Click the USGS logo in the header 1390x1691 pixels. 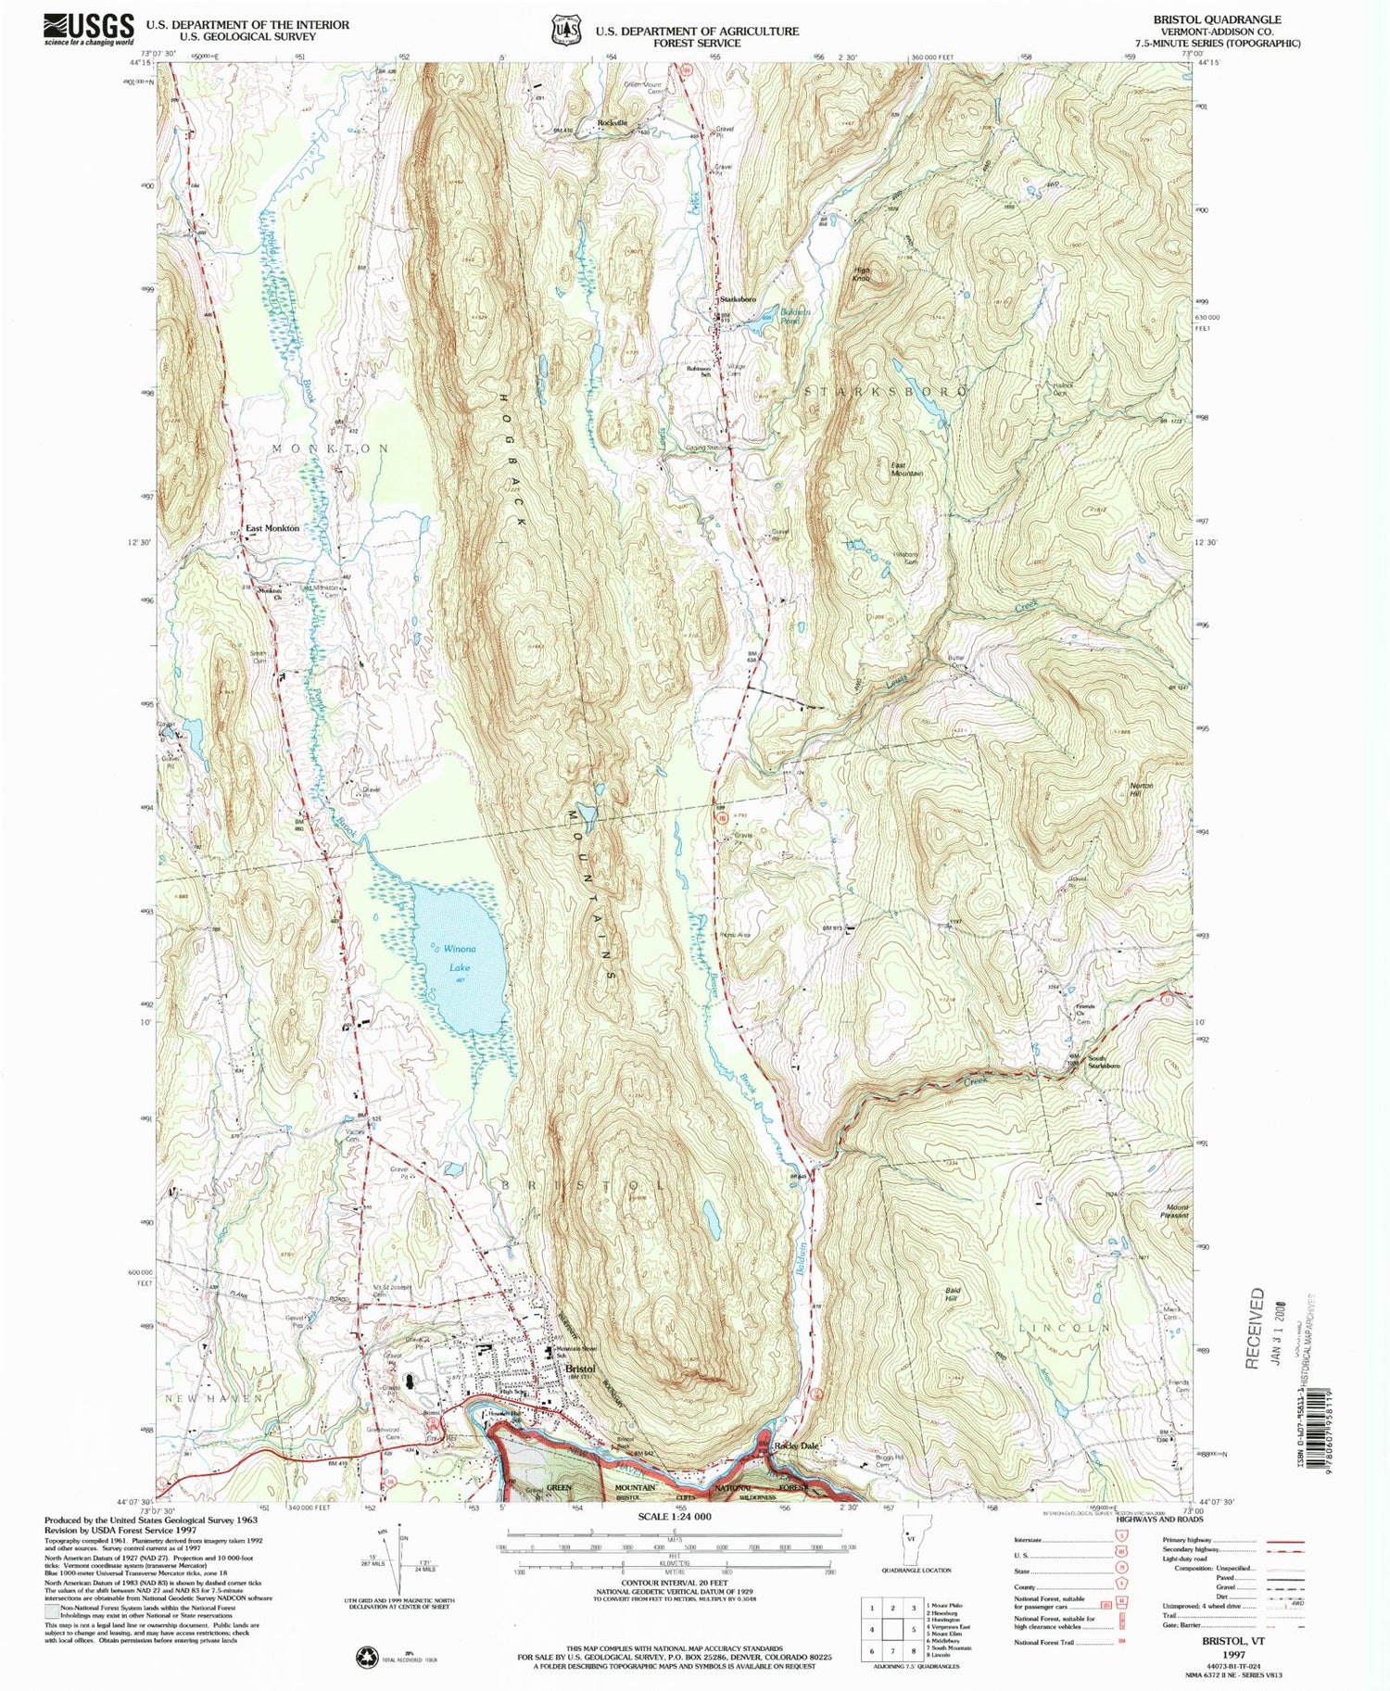pyautogui.click(x=88, y=30)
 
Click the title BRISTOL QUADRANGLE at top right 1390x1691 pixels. pyautogui.click(x=1217, y=19)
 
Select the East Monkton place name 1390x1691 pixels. pyautogui.click(x=272, y=528)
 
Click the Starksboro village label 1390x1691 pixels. pyautogui.click(x=738, y=299)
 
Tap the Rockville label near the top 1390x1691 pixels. pyautogui.click(x=613, y=122)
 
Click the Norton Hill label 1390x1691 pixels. pyautogui.click(x=1141, y=790)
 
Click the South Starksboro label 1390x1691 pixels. pyautogui.click(x=1103, y=1063)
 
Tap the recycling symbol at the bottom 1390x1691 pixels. pyautogui.click(x=368, y=1656)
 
